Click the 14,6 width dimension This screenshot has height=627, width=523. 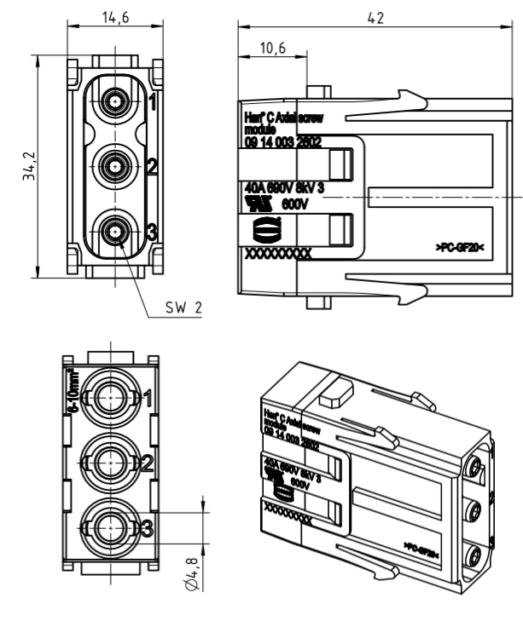tap(112, 20)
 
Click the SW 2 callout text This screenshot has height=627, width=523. tap(184, 305)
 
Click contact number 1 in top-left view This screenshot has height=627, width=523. tap(152, 104)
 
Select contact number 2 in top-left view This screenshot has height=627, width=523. tap(152, 167)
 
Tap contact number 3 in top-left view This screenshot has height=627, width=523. tap(152, 230)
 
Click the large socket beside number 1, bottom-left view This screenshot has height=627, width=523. tap(109, 396)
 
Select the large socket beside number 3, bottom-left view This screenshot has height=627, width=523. tap(109, 527)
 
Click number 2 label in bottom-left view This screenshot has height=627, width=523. tap(147, 463)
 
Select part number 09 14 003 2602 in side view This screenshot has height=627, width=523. tap(282, 143)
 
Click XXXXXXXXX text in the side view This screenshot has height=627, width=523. tap(277, 254)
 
